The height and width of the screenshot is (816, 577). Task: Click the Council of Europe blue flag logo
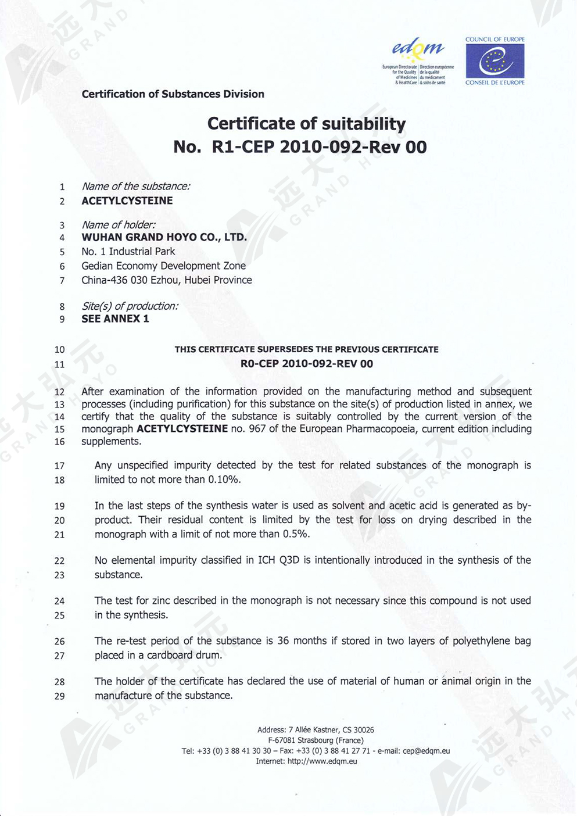coord(494,61)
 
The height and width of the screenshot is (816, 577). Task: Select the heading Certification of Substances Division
coord(173,94)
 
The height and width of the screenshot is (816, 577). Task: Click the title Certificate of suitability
coord(306,124)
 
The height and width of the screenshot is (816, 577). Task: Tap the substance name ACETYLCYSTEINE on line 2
coord(127,201)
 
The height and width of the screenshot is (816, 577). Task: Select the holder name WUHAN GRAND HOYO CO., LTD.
coord(164,238)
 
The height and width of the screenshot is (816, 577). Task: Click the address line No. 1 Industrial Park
coord(128,252)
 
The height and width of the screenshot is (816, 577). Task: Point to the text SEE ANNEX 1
coord(115,319)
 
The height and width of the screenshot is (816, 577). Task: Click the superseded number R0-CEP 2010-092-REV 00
coord(306,364)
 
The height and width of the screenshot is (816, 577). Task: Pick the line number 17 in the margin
coord(59,466)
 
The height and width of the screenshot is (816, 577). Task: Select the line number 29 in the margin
coord(59,696)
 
